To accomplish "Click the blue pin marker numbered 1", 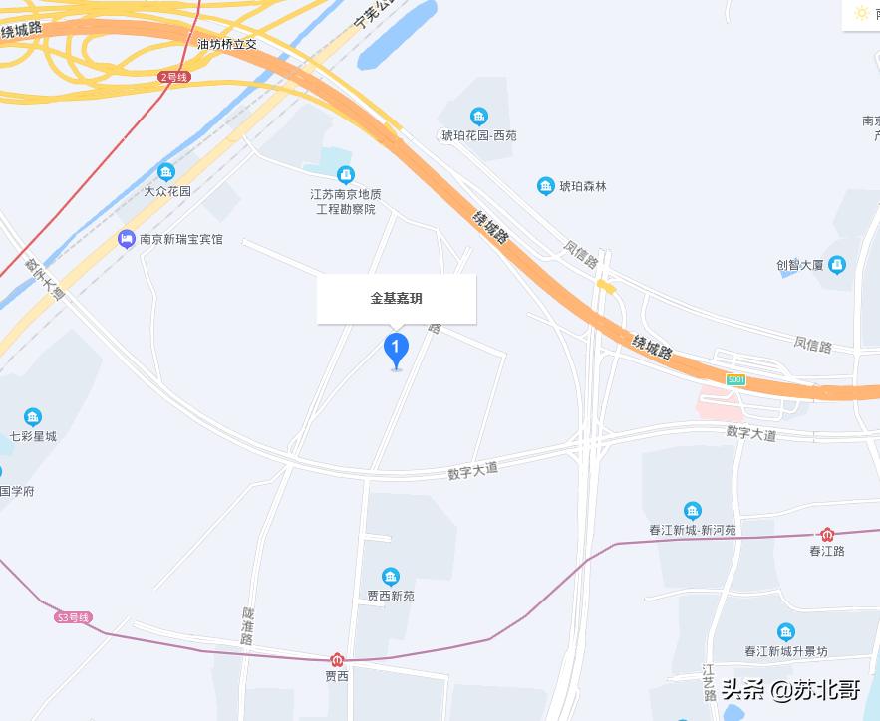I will pyautogui.click(x=397, y=349).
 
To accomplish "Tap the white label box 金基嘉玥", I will pyautogui.click(x=397, y=299).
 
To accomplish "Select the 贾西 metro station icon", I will pyautogui.click(x=337, y=659).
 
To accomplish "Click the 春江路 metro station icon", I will pyautogui.click(x=826, y=535).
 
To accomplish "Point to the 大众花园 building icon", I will pyautogui.click(x=166, y=172).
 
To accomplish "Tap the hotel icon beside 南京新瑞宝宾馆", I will pyautogui.click(x=126, y=239).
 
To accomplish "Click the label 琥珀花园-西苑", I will pyautogui.click(x=479, y=135).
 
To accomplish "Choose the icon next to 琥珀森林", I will pyautogui.click(x=545, y=186).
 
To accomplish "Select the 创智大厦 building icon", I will pyautogui.click(x=837, y=265).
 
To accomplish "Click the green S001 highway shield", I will pyautogui.click(x=736, y=380).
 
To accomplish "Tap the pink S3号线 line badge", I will pyautogui.click(x=73, y=617).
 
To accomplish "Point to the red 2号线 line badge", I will pyautogui.click(x=173, y=77).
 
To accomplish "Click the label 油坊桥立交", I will pyautogui.click(x=227, y=44).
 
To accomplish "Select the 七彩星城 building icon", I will pyautogui.click(x=33, y=417).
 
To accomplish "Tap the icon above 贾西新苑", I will pyautogui.click(x=391, y=577).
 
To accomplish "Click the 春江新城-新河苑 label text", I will pyautogui.click(x=692, y=530).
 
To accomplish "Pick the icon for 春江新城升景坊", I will pyautogui.click(x=786, y=632).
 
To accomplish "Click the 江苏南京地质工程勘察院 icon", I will pyautogui.click(x=346, y=175).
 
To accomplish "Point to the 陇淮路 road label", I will pyautogui.click(x=247, y=626).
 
